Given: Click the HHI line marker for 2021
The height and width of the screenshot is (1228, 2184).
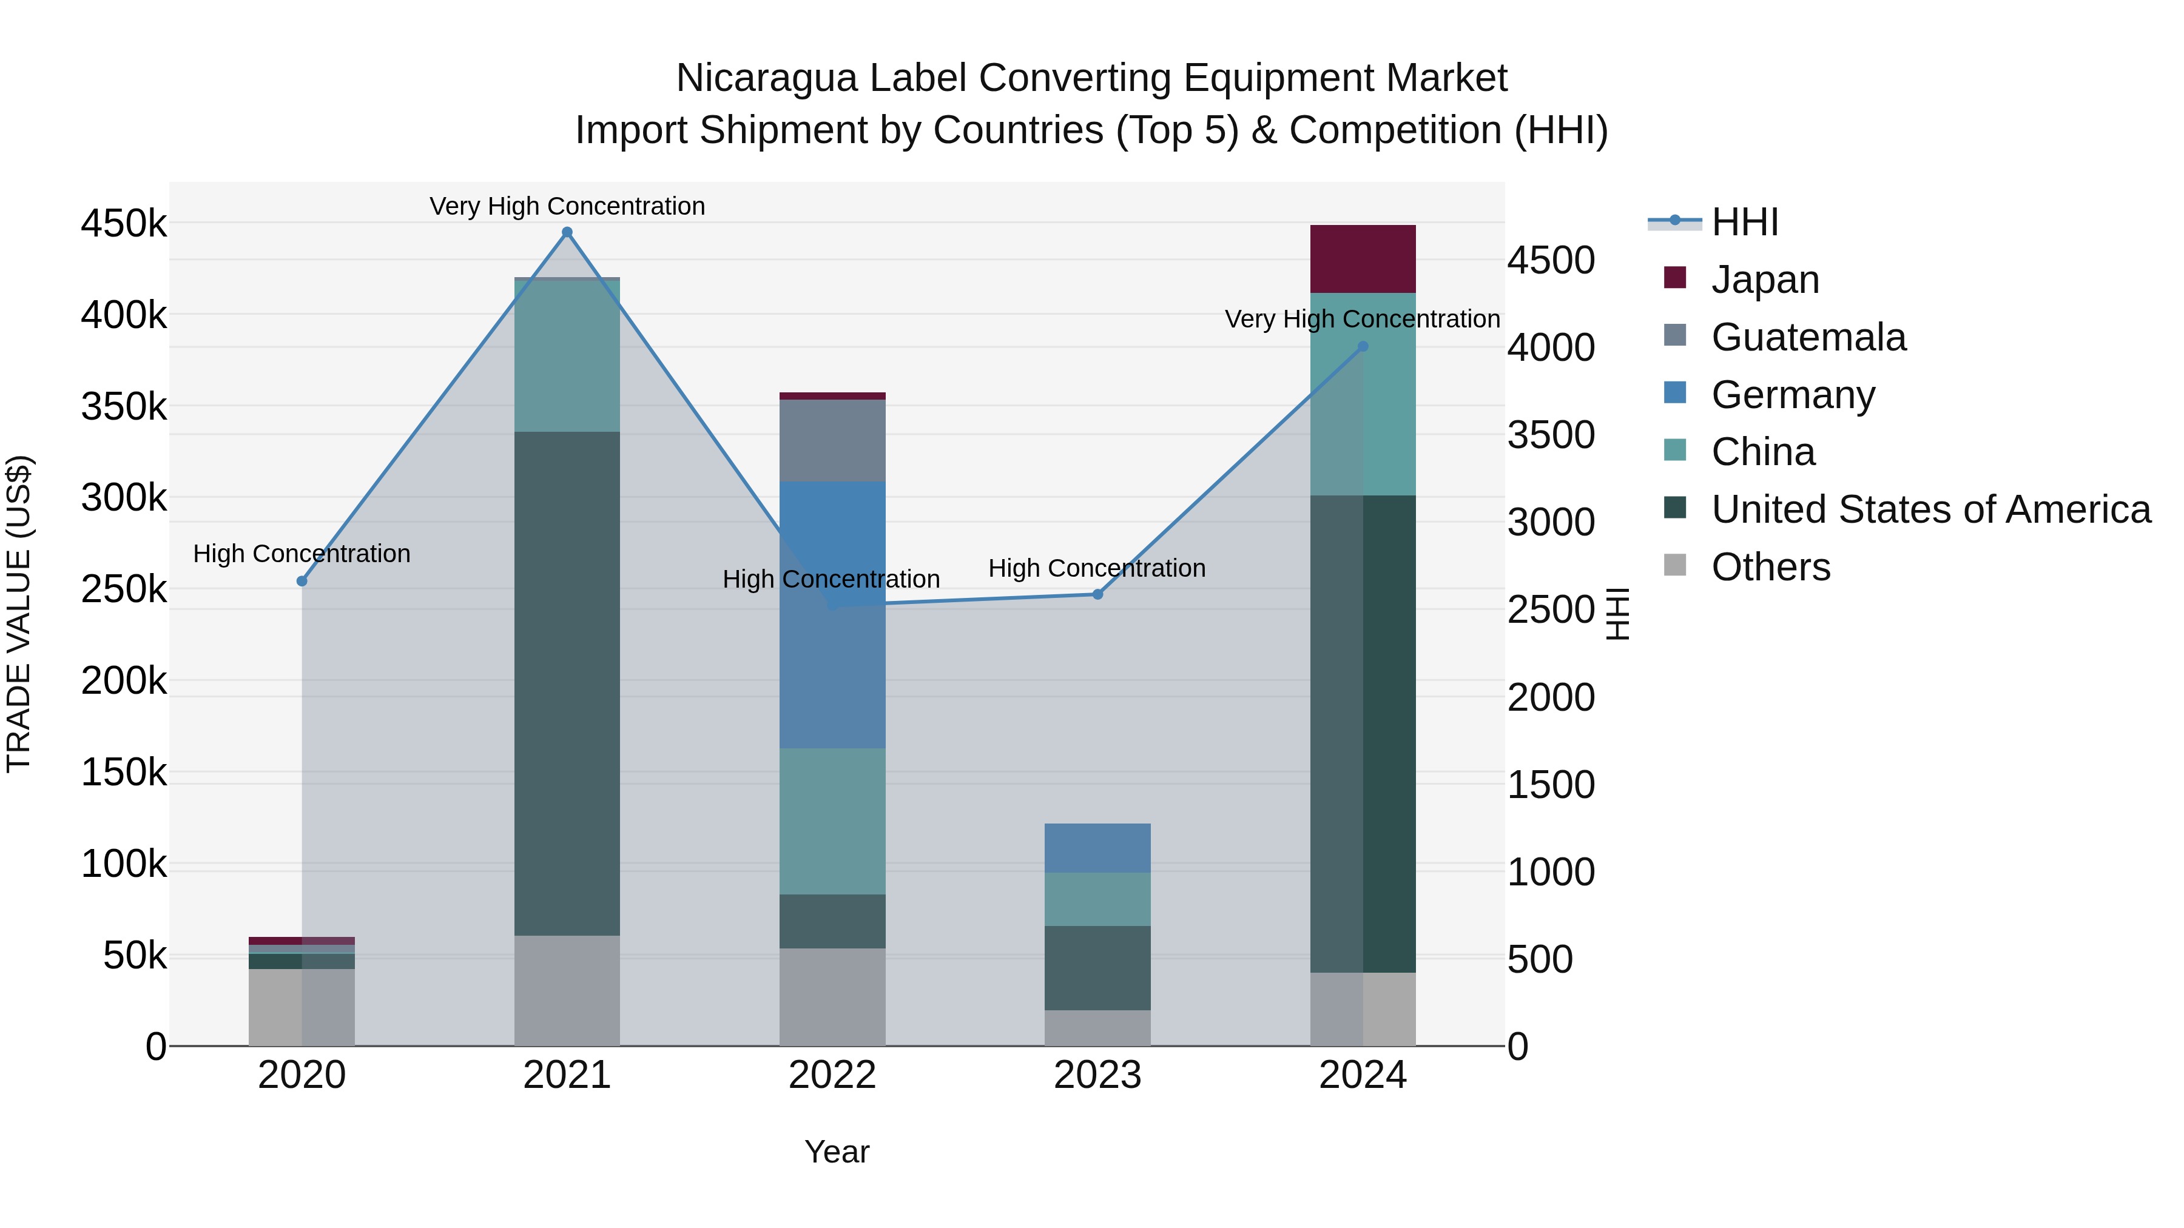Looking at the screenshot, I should tap(567, 232).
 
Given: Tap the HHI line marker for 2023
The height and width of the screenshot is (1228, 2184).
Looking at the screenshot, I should tap(1097, 594).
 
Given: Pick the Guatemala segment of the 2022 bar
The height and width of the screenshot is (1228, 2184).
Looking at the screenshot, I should tap(832, 441).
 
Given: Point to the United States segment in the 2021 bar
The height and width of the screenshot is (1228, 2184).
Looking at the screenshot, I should tap(567, 682).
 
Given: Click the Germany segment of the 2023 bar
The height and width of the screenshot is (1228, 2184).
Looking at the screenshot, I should tap(1097, 848).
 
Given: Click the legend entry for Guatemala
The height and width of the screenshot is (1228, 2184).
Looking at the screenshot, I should tap(1808, 337).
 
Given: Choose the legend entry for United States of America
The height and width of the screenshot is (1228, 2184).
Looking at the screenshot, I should tap(1930, 509).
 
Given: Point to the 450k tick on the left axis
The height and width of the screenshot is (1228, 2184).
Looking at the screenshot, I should tap(124, 224).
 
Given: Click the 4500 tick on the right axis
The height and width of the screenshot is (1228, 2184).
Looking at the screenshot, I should tap(1551, 260).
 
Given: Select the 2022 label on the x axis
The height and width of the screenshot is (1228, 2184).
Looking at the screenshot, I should tap(832, 1075).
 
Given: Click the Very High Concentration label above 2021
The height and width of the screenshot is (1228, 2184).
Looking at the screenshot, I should tap(567, 206).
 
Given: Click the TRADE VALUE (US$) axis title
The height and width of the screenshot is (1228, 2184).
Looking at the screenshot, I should tap(19, 614).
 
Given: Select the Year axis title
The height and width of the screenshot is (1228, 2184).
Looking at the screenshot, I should tap(837, 1152).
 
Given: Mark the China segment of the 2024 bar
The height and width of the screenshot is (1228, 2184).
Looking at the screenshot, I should tap(1363, 394).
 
